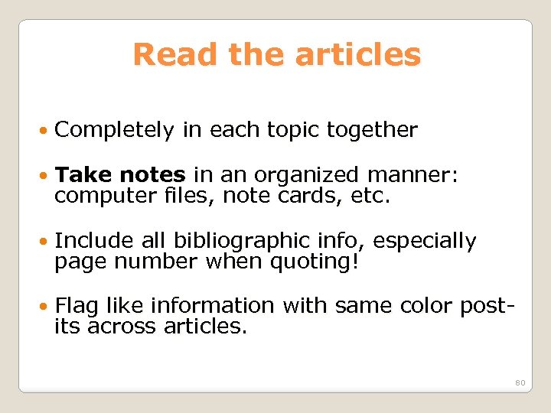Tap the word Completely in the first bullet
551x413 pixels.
tap(115, 131)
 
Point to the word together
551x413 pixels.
tap(372, 131)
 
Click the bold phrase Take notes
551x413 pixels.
tap(120, 176)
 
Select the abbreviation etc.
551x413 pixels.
tap(372, 197)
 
